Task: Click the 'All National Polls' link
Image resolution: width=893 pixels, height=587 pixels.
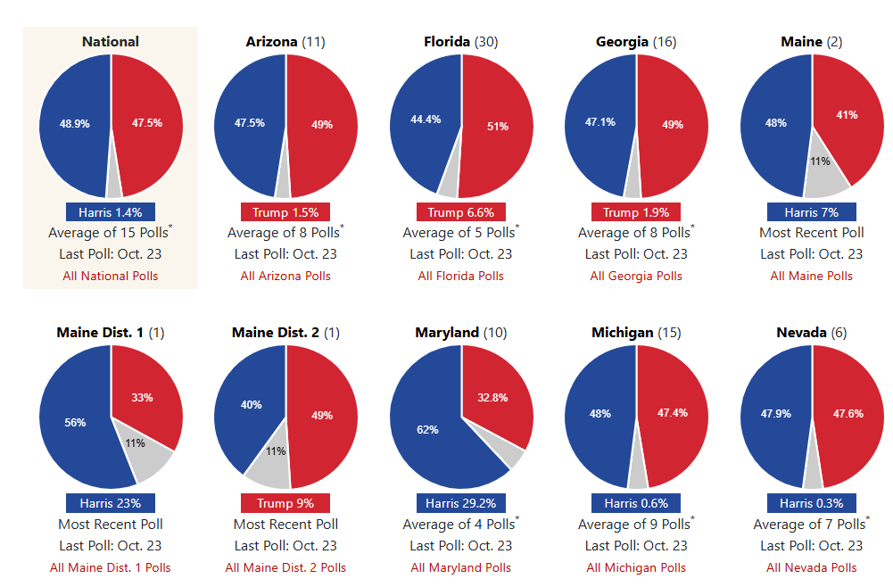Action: [111, 276]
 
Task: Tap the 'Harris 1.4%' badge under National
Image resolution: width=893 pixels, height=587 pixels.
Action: [111, 212]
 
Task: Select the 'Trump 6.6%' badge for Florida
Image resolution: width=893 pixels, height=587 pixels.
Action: [460, 212]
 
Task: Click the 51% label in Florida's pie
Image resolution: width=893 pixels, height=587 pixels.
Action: [498, 127]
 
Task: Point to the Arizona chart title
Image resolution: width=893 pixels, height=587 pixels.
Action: [285, 41]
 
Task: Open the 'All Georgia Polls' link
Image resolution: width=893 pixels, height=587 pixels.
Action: [636, 276]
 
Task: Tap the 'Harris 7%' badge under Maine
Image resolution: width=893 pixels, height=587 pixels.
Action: [811, 212]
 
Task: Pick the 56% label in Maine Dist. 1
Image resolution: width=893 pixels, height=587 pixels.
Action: [75, 423]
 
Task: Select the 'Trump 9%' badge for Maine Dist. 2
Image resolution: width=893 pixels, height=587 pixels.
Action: [285, 503]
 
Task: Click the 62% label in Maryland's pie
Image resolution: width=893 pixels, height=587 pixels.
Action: [427, 430]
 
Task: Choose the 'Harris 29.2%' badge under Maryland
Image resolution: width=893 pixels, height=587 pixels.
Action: [460, 503]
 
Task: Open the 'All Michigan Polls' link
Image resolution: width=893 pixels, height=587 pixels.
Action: [636, 567]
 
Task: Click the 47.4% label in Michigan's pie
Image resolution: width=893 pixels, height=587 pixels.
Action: [672, 413]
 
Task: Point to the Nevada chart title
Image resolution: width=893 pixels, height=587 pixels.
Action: [811, 333]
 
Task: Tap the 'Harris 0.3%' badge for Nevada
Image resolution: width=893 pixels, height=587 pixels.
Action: [811, 503]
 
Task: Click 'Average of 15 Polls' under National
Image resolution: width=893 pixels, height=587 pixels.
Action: [111, 233]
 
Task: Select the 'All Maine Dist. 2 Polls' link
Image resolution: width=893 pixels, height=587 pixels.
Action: [285, 567]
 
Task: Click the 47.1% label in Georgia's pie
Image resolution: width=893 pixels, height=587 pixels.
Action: [599, 122]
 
